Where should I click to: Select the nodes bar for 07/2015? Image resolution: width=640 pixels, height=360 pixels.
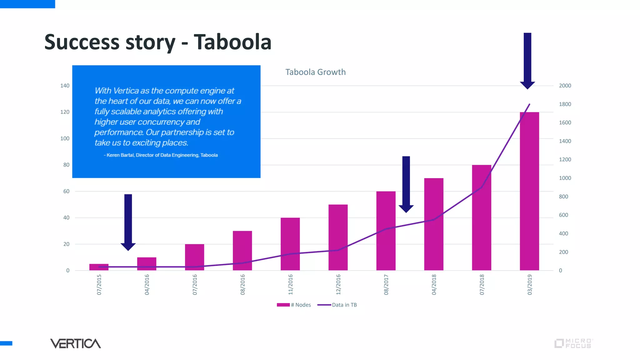pyautogui.click(x=99, y=267)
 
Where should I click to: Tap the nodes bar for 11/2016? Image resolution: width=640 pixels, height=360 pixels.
pyautogui.click(x=290, y=244)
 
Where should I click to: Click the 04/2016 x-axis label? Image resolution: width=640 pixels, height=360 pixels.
pyautogui.click(x=147, y=285)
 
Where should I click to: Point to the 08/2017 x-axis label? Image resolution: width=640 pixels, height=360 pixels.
pyautogui.click(x=386, y=285)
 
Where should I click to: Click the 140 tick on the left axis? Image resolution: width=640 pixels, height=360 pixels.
pyautogui.click(x=65, y=86)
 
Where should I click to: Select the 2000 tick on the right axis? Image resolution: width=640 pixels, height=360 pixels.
pyautogui.click(x=565, y=86)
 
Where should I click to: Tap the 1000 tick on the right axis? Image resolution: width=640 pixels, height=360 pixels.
pyautogui.click(x=565, y=178)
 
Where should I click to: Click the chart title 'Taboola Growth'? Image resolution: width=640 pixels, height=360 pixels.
pyautogui.click(x=315, y=72)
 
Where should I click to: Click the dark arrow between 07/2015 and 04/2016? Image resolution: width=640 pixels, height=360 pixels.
pyautogui.click(x=128, y=222)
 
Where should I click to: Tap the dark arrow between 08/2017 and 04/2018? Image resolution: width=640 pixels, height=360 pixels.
pyautogui.click(x=406, y=184)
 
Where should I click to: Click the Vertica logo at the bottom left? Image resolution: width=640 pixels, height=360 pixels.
pyautogui.click(x=75, y=343)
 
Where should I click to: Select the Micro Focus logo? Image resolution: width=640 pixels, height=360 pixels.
pyautogui.click(x=573, y=343)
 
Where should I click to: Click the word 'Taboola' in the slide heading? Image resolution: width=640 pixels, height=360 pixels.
pyautogui.click(x=232, y=42)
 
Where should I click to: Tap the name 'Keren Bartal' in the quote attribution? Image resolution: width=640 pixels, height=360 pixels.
pyautogui.click(x=120, y=155)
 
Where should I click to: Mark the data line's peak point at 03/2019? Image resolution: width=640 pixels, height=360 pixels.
pyautogui.click(x=529, y=104)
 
